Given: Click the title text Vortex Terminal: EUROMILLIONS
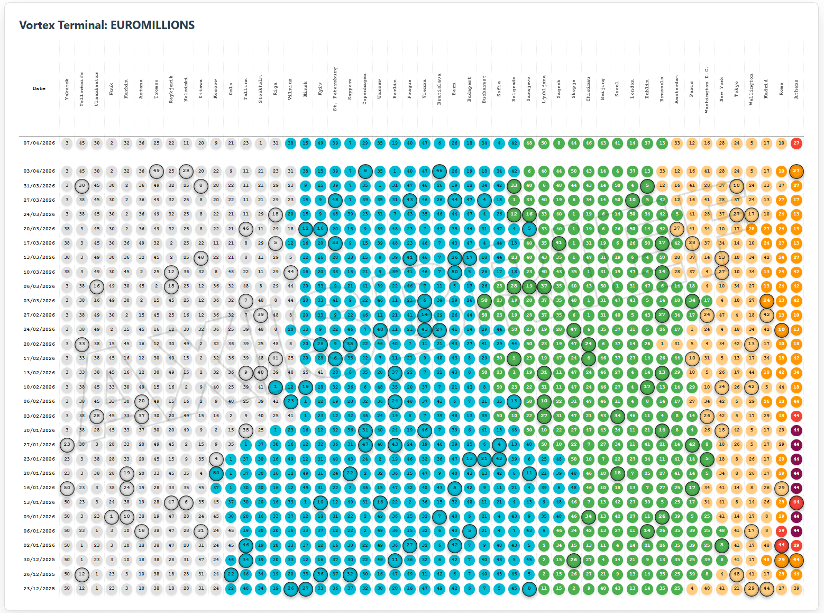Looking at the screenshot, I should (107, 25).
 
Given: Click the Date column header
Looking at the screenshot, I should (39, 88).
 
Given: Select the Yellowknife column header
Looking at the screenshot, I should (81, 89).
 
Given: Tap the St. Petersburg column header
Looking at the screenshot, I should (335, 89).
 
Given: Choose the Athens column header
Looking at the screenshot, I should (796, 89).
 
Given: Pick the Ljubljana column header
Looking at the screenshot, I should (544, 89).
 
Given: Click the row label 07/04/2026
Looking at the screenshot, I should (39, 143).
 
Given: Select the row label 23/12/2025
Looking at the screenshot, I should (39, 588).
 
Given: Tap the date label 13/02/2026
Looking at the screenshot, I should (39, 372).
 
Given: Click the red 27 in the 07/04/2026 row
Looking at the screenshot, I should (796, 143).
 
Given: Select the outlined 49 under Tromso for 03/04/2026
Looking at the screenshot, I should (156, 171).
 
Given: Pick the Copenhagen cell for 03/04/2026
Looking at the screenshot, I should (365, 171).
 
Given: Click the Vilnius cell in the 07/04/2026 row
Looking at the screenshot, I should (290, 143).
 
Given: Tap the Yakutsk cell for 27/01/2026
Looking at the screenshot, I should (67, 445).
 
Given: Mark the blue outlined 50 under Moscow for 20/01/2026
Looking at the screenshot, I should (216, 473).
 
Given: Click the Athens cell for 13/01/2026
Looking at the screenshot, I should (796, 502).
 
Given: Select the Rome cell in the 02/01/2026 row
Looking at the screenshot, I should (781, 545).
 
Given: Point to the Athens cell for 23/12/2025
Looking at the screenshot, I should (796, 588).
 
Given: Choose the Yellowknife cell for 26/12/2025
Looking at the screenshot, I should (81, 574).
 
